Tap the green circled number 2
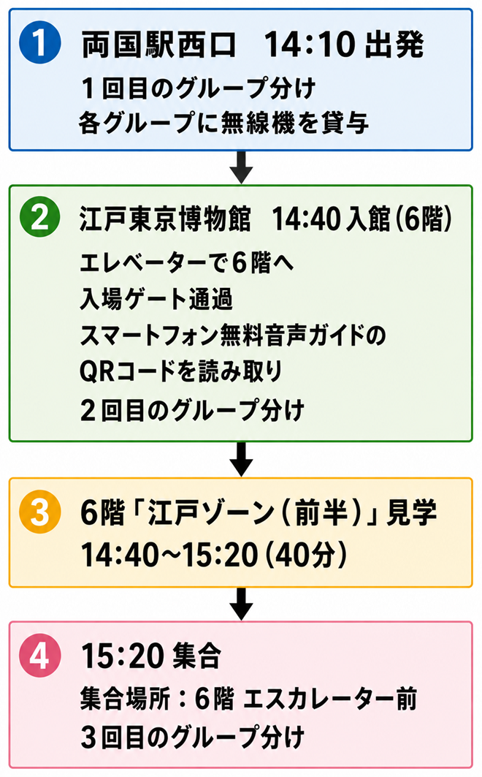click(x=40, y=216)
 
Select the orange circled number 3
click(x=40, y=512)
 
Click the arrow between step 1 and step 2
click(x=241, y=167)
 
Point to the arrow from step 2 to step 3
click(x=241, y=459)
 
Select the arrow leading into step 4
click(x=241, y=604)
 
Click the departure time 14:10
click(x=310, y=45)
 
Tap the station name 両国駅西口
click(x=159, y=44)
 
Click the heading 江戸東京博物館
click(x=165, y=219)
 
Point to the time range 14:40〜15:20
click(x=169, y=555)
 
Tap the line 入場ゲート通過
click(x=156, y=299)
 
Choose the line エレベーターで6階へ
click(x=187, y=262)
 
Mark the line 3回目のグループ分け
click(x=192, y=737)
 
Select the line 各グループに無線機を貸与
click(x=223, y=122)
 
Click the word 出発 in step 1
click(x=394, y=44)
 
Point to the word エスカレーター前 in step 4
click(x=330, y=700)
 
